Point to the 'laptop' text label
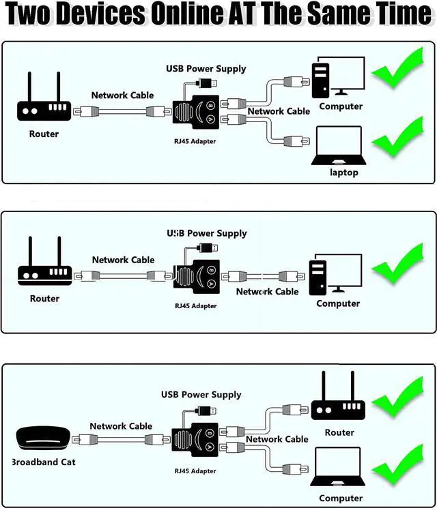344,173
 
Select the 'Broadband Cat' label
43,462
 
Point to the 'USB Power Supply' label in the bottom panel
201,395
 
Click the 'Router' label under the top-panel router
44,134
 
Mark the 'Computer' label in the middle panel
337,303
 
